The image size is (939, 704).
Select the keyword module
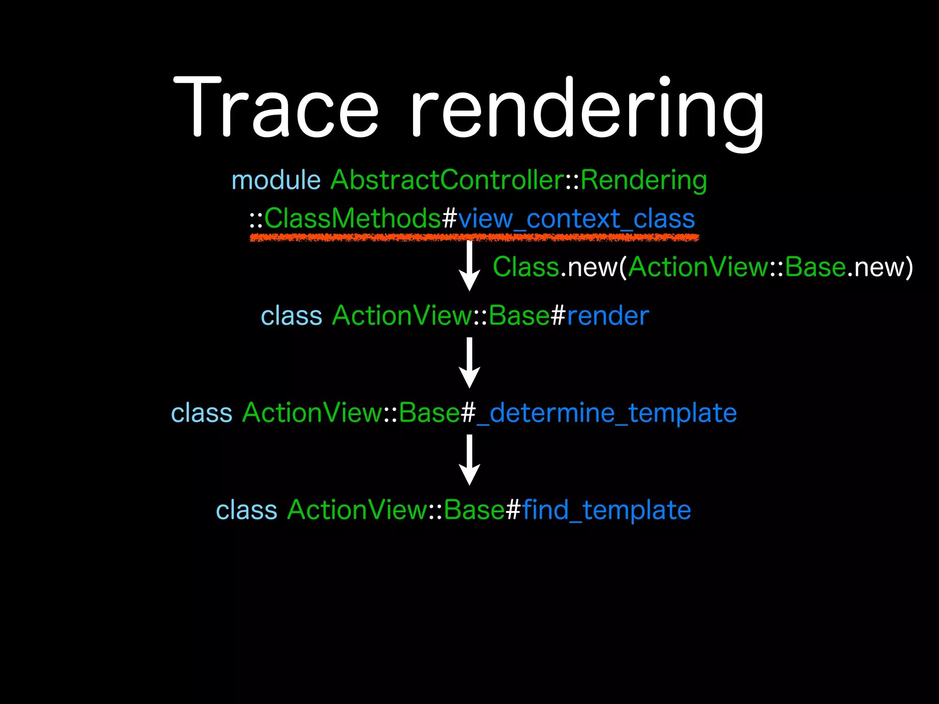click(x=276, y=180)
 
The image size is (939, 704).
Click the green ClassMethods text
click(x=352, y=219)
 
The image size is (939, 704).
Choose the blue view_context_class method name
click(x=576, y=219)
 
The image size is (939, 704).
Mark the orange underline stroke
click(x=474, y=237)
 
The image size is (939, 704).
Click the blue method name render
click(x=608, y=316)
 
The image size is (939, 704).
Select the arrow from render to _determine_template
click(x=469, y=363)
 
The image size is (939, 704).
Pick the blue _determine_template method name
click(x=607, y=413)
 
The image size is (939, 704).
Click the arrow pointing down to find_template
click(x=469, y=460)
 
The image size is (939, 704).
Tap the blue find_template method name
click(x=606, y=510)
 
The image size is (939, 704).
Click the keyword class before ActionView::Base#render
click(x=292, y=316)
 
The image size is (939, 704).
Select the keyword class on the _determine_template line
click(x=202, y=413)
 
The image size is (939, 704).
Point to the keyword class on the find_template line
click(x=247, y=510)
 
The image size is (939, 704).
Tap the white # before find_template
click(x=513, y=510)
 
